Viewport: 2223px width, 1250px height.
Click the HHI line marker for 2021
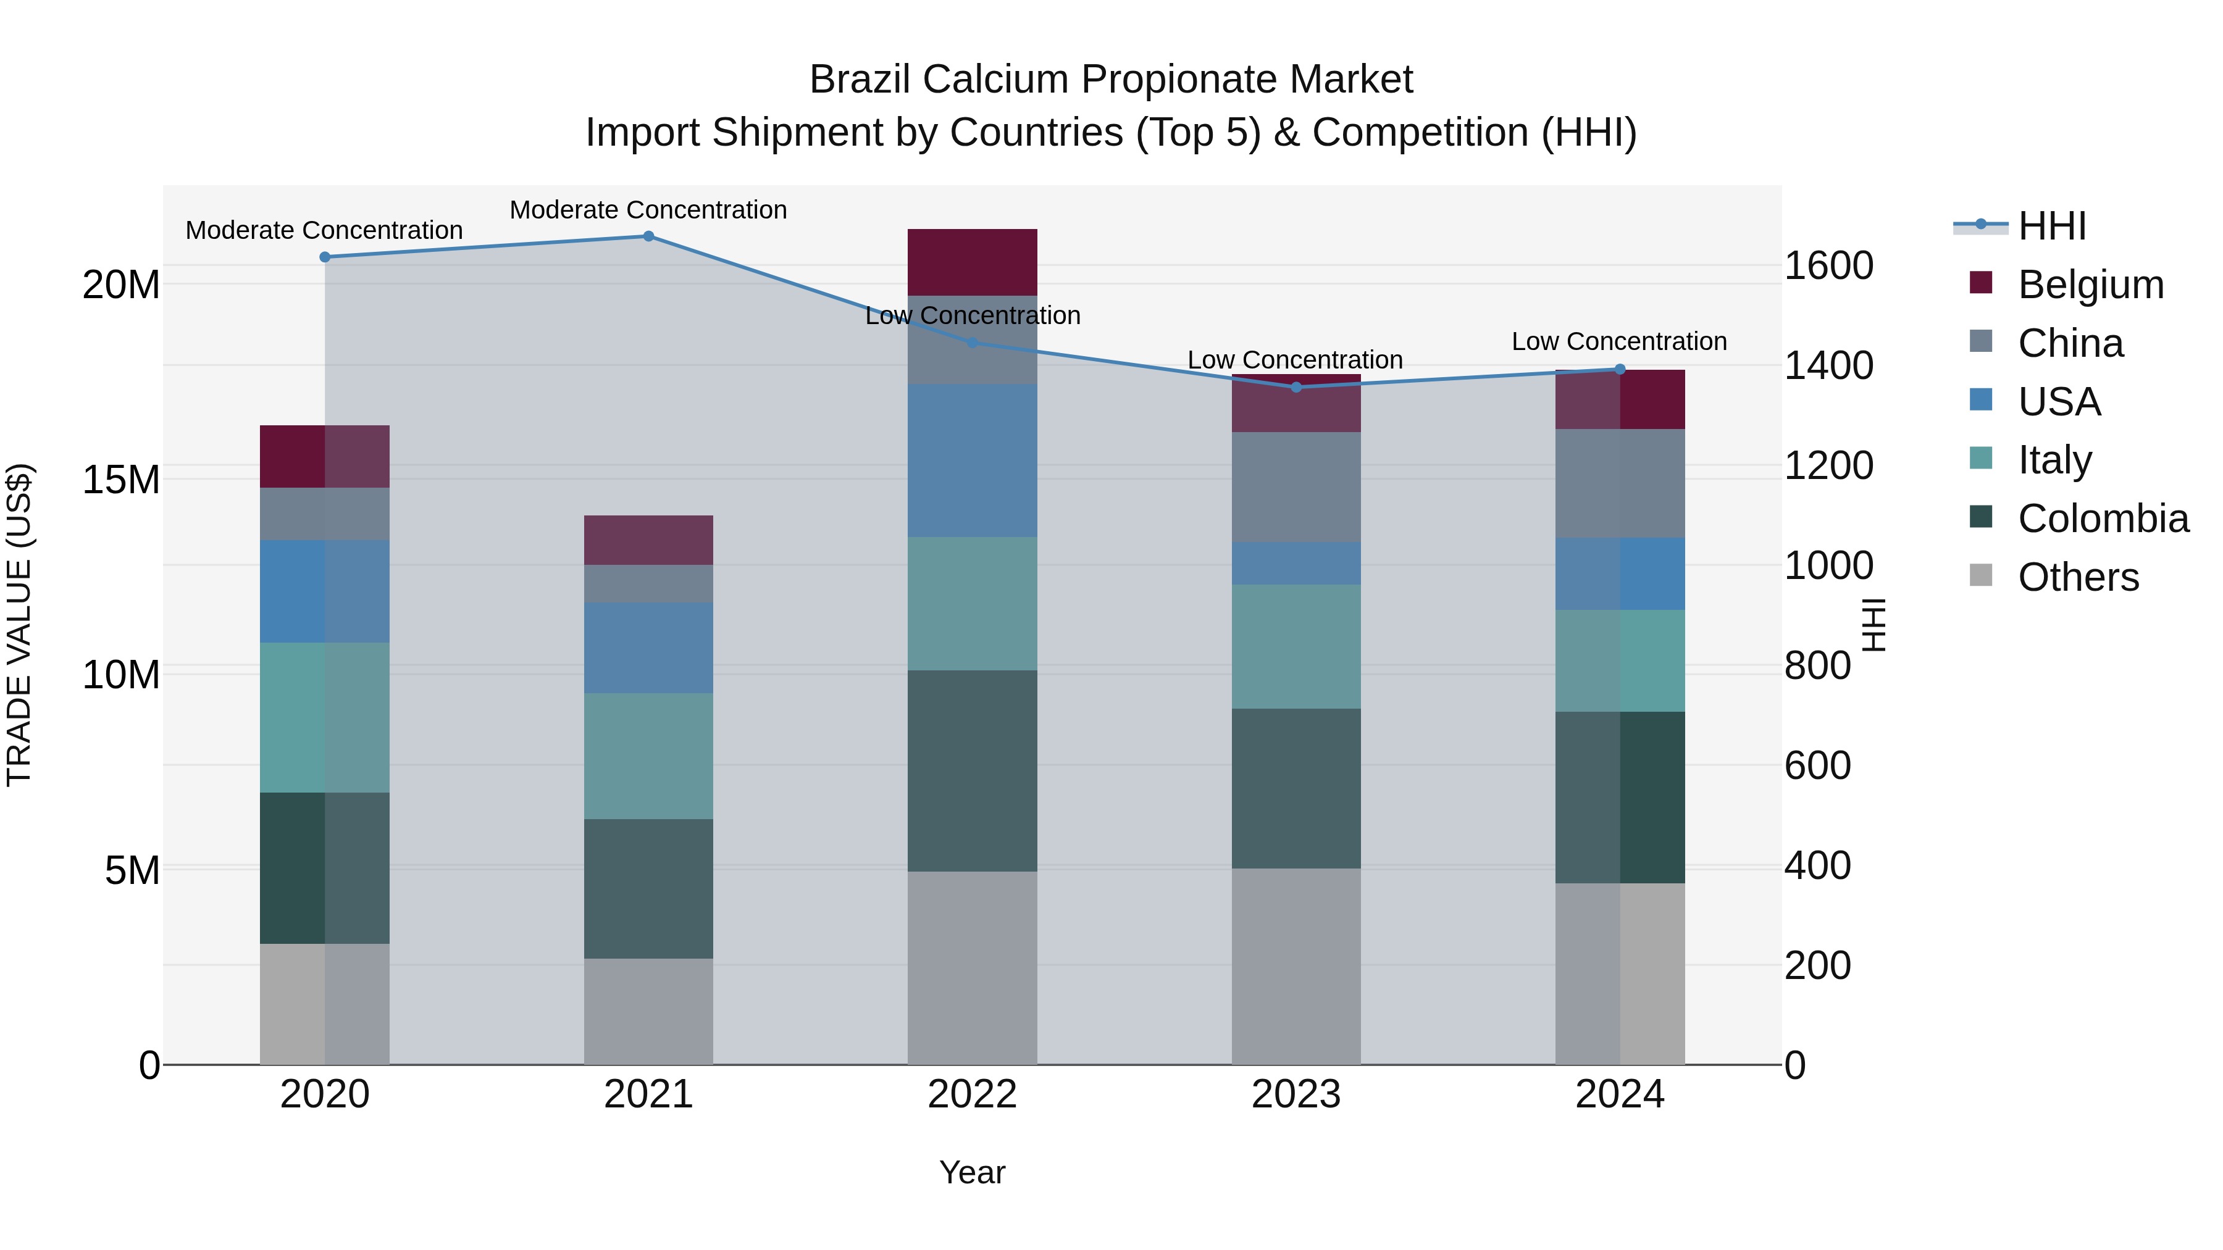point(648,236)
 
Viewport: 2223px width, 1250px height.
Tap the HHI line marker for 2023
point(1296,387)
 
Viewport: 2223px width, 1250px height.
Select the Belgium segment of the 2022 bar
point(972,262)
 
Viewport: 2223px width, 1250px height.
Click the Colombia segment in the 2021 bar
point(648,888)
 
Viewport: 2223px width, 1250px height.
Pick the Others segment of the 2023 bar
point(1296,966)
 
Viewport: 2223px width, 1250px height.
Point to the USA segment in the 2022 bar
point(972,460)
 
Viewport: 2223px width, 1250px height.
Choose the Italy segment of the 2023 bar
point(1296,647)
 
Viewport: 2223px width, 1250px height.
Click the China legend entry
point(2069,343)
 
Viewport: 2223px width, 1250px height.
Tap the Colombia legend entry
point(2102,519)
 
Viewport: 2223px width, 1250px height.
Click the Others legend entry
point(2077,577)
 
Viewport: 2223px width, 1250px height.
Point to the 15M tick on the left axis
point(121,480)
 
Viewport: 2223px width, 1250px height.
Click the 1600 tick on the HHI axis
point(1828,265)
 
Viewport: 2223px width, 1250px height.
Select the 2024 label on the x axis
point(1619,1094)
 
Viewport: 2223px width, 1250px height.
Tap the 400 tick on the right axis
point(1817,865)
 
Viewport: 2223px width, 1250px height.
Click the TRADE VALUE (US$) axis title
point(19,625)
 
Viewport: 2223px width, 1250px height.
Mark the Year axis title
point(972,1172)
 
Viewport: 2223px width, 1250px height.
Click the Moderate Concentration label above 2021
point(648,210)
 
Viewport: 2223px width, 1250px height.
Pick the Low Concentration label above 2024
point(1619,341)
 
